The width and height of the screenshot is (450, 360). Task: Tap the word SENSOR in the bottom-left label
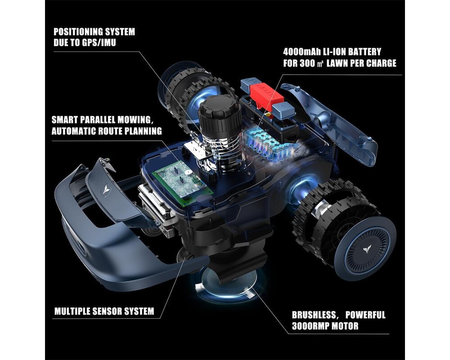click(111, 311)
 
